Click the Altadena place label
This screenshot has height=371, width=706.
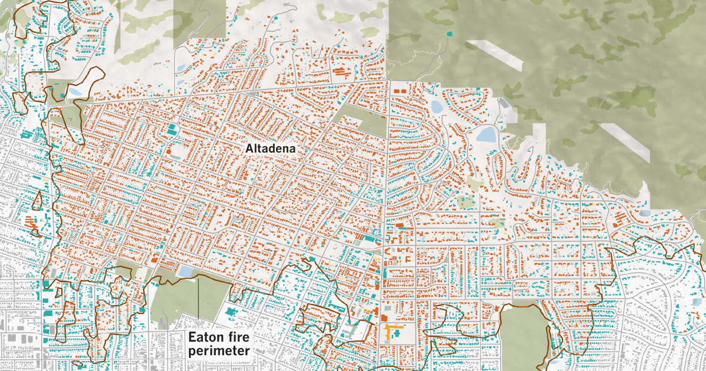pyautogui.click(x=270, y=149)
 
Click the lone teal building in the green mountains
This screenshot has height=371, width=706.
pyautogui.click(x=451, y=34)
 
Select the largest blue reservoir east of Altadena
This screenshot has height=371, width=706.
pyautogui.click(x=486, y=135)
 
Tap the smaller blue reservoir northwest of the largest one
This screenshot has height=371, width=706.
pyautogui.click(x=437, y=107)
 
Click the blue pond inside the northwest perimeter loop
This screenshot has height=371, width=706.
pyautogui.click(x=75, y=92)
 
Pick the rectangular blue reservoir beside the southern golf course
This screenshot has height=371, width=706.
pyautogui.click(x=185, y=271)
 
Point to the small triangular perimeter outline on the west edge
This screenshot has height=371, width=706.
pyautogui.click(x=36, y=202)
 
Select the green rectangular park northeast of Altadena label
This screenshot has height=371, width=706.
pyautogui.click(x=359, y=121)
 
